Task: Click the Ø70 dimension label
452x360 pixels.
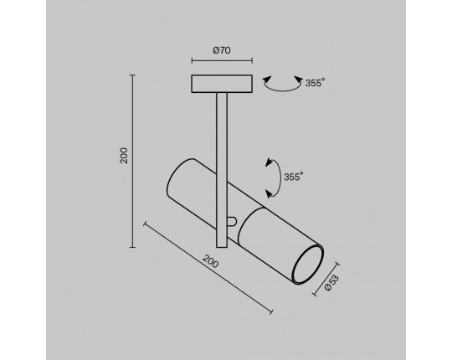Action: tap(222, 50)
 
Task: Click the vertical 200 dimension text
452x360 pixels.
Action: tap(124, 156)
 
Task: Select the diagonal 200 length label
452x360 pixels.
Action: tap(210, 261)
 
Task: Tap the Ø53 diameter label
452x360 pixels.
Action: tap(331, 283)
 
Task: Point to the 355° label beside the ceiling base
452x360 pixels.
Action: tap(315, 83)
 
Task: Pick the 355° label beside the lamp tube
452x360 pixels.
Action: tap(294, 177)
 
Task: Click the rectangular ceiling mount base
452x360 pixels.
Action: tap(222, 84)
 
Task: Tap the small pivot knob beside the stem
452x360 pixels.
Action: tap(233, 221)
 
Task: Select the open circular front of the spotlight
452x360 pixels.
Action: tap(307, 264)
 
